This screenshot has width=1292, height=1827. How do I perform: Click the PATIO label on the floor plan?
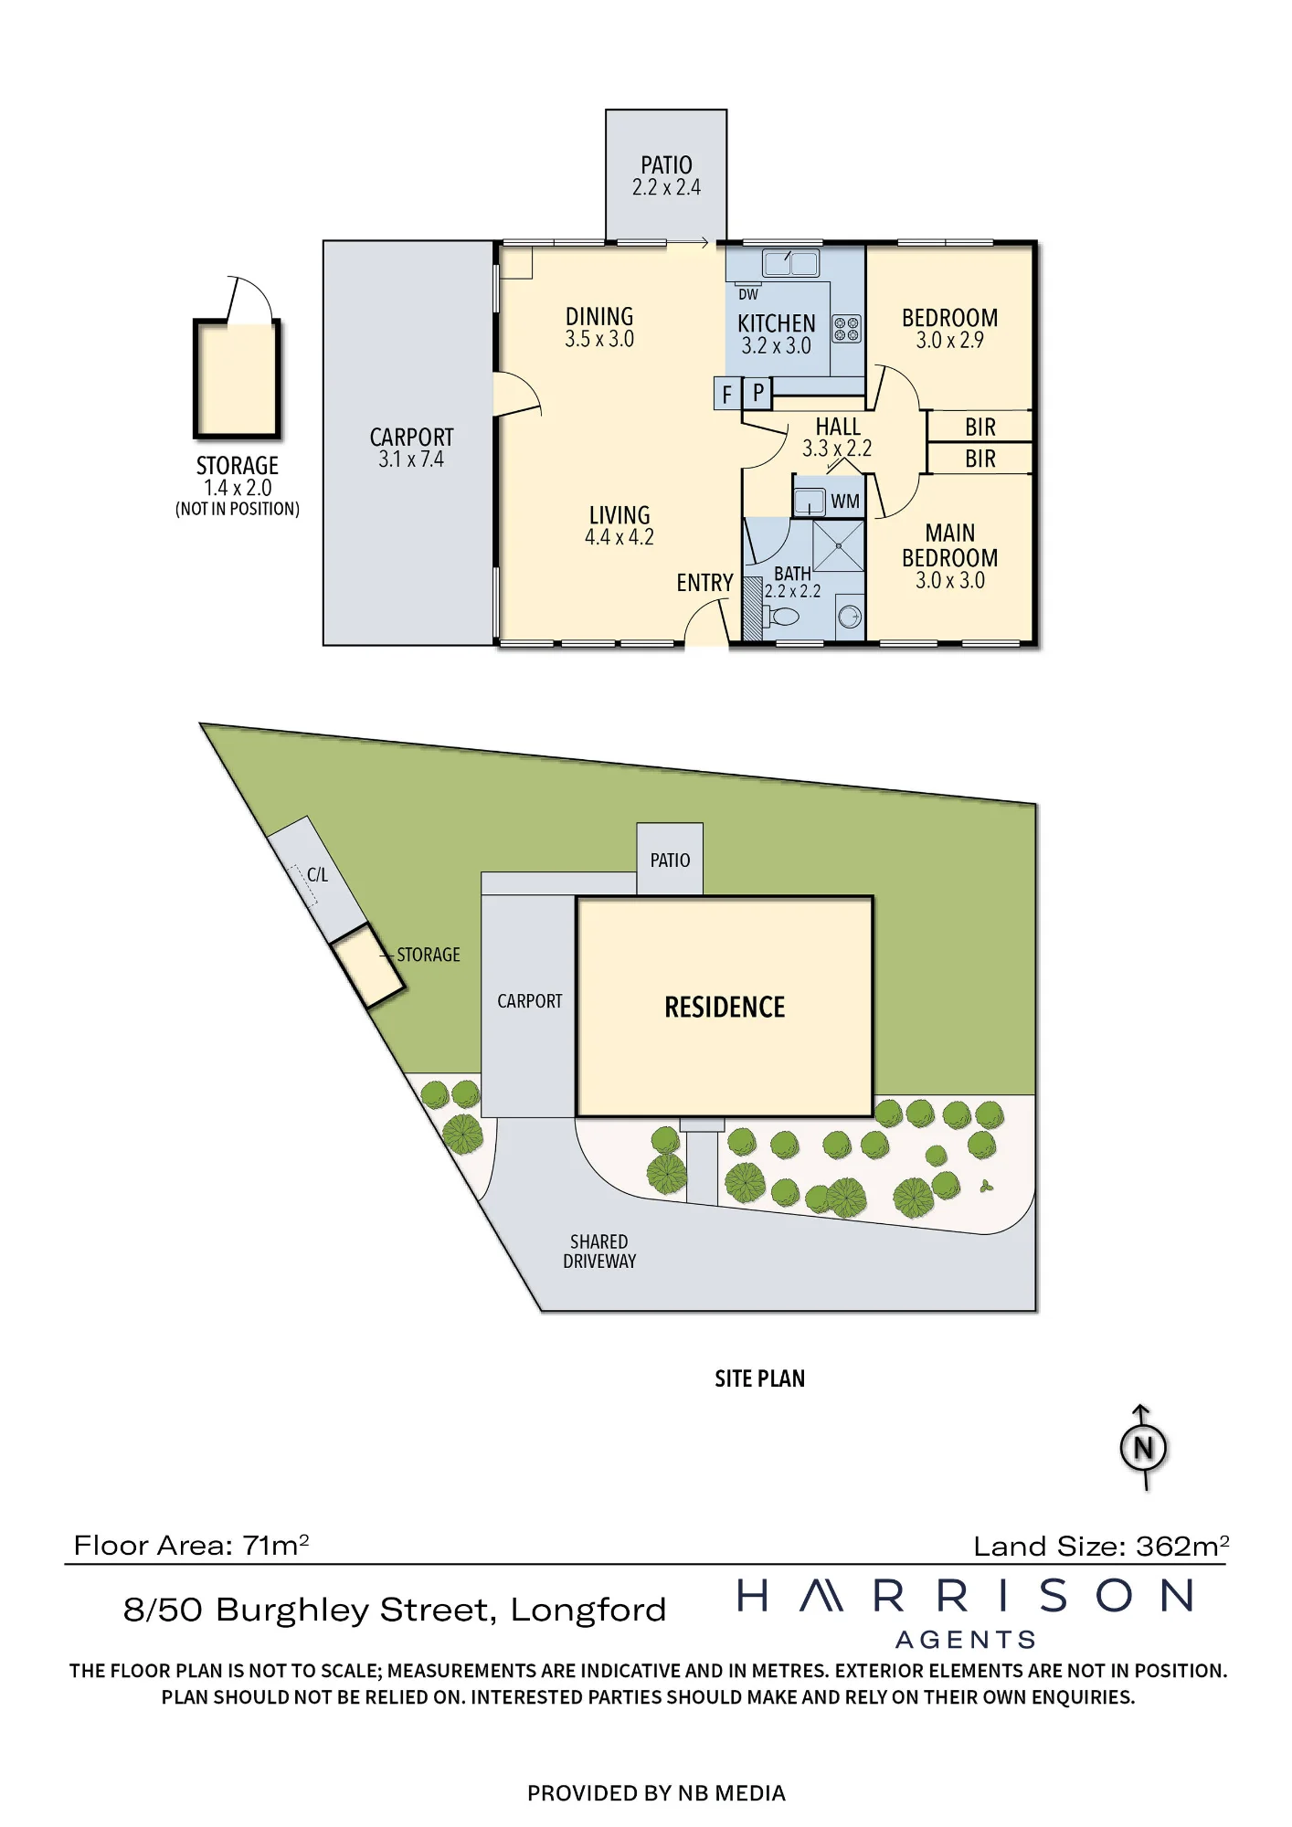666,165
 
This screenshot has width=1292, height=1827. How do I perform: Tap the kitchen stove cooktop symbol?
847,329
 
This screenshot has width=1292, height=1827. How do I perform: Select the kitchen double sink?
791,263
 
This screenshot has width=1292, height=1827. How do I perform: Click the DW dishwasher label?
748,294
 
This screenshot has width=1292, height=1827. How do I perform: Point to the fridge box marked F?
727,394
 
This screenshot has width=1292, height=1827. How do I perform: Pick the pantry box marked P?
757,393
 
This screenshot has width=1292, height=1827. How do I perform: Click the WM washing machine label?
845,502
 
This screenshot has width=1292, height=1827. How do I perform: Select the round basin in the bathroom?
850,618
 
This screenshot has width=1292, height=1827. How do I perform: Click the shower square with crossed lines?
838,546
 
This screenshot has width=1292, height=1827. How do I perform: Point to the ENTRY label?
704,583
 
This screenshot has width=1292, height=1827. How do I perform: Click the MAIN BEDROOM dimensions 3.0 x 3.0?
950,580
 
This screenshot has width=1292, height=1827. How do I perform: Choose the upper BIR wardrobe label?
980,427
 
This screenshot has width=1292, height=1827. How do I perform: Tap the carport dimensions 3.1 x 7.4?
411,459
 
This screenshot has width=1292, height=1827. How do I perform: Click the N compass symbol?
1143,1448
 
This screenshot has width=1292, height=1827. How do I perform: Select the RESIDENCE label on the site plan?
725,1007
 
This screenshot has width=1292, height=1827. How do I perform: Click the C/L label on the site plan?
317,874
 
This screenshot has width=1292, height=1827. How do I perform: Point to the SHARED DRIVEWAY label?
599,1251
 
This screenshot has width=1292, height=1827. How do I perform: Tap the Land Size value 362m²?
1182,1546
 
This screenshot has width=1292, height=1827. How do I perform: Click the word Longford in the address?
588,1610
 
